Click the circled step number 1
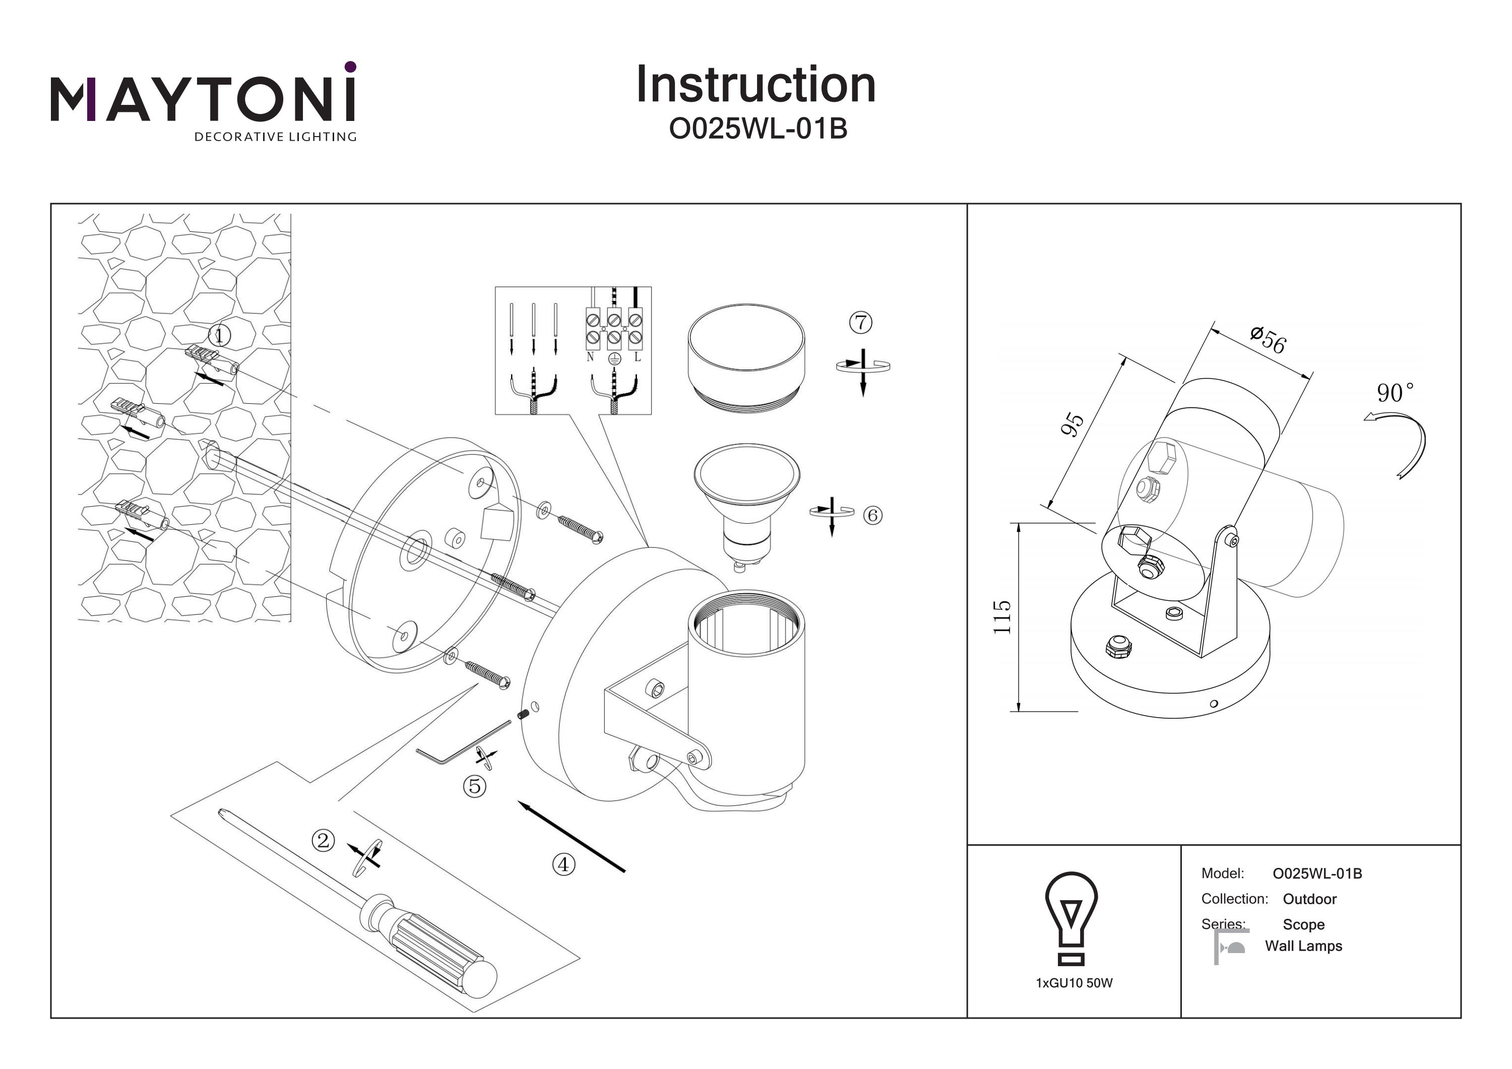(x=219, y=336)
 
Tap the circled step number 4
(x=563, y=864)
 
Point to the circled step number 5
(x=474, y=786)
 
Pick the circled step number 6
(x=872, y=515)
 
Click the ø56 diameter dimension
(x=1268, y=340)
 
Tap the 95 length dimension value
(x=1072, y=424)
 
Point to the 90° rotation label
(x=1395, y=393)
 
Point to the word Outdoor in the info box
(x=1309, y=899)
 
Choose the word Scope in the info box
(x=1303, y=925)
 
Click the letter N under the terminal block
(x=590, y=357)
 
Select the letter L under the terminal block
(x=637, y=357)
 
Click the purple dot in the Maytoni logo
(x=350, y=67)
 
